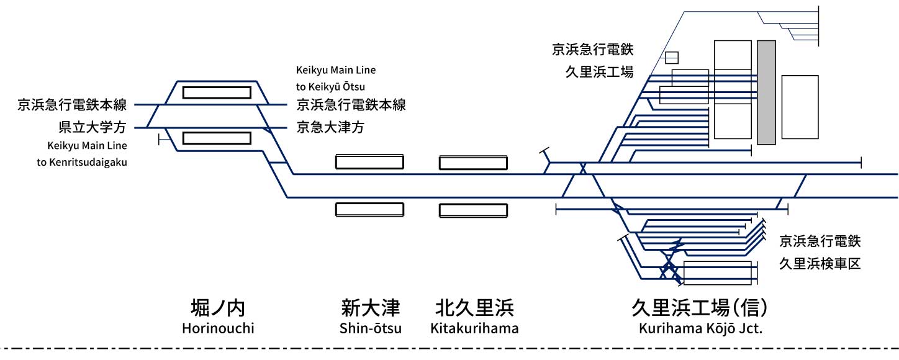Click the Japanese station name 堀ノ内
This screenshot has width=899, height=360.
[x=218, y=308]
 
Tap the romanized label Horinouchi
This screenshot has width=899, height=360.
[x=218, y=328]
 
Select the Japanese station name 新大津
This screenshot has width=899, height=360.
[x=371, y=308]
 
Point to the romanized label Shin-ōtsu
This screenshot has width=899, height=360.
[x=371, y=328]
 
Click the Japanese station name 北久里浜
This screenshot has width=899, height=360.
[x=474, y=308]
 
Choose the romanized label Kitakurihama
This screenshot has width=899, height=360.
[x=474, y=328]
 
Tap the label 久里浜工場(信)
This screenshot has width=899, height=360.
[x=700, y=308]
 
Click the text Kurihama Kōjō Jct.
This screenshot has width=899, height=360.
[x=700, y=328]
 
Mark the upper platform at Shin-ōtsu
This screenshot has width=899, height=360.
[x=369, y=162]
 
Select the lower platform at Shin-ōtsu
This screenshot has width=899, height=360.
[x=369, y=209]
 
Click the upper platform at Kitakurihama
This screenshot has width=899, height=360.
[x=474, y=163]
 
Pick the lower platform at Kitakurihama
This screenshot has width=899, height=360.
[x=474, y=210]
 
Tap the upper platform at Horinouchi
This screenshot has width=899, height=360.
[x=217, y=92]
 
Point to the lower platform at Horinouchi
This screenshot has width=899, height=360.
[x=217, y=138]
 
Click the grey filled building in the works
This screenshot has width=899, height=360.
[x=766, y=92]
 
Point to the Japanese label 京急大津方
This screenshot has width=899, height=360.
[x=330, y=128]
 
